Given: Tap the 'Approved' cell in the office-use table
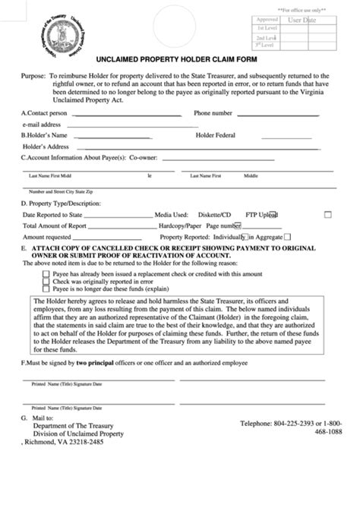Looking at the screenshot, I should [x=267, y=18].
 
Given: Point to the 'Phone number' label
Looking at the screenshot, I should [x=213, y=112].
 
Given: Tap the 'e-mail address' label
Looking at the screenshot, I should [x=42, y=124].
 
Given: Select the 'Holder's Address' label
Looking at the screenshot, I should [x=46, y=146].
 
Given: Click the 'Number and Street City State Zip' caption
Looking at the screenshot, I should [x=62, y=191].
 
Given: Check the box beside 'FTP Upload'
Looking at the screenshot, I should [x=327, y=215].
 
